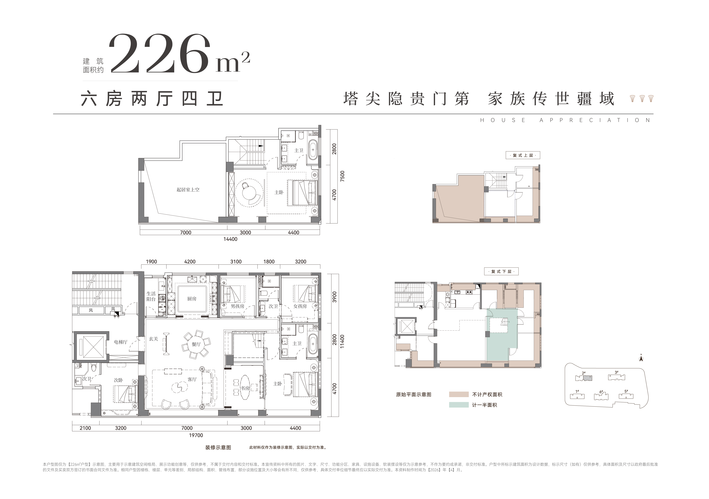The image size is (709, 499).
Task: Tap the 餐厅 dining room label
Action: coord(196,344)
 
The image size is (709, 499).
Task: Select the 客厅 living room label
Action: coord(192,379)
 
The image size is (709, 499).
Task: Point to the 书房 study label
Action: coord(245,388)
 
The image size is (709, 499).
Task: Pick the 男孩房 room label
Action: coord(237,306)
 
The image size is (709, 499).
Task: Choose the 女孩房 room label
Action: coord(300,306)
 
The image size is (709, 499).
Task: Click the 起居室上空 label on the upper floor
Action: coord(188,189)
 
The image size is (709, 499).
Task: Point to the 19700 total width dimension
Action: coord(196,435)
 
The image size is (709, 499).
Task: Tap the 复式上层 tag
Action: coord(523,155)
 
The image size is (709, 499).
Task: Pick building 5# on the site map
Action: coord(626,395)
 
